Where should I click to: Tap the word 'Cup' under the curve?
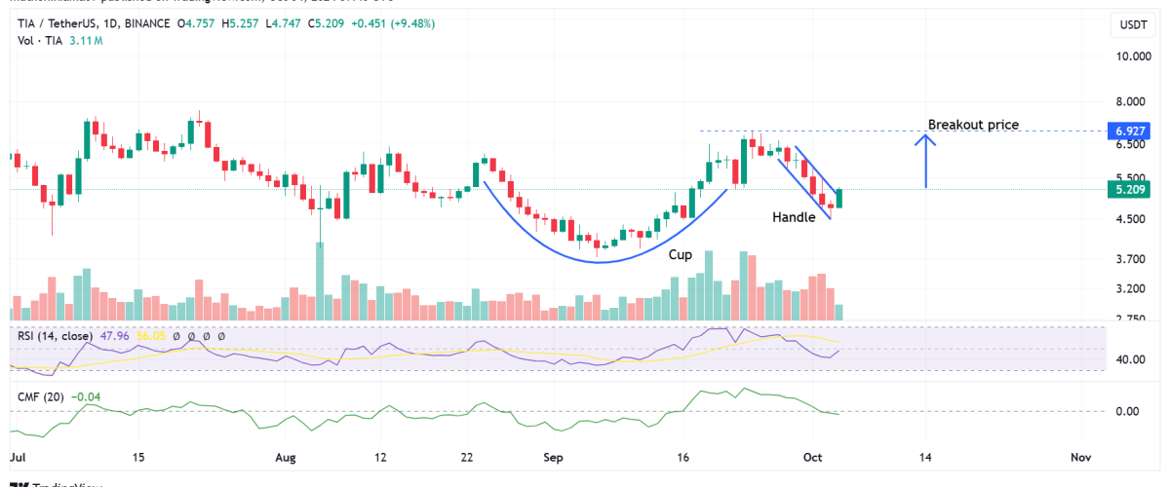[x=680, y=254]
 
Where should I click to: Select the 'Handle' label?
[x=794, y=217]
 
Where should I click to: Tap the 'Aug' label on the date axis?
[x=286, y=457]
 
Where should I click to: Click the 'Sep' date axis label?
[x=553, y=457]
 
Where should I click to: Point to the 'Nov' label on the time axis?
[x=1079, y=457]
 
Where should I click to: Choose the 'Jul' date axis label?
[x=17, y=457]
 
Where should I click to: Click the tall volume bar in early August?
[x=320, y=281]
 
